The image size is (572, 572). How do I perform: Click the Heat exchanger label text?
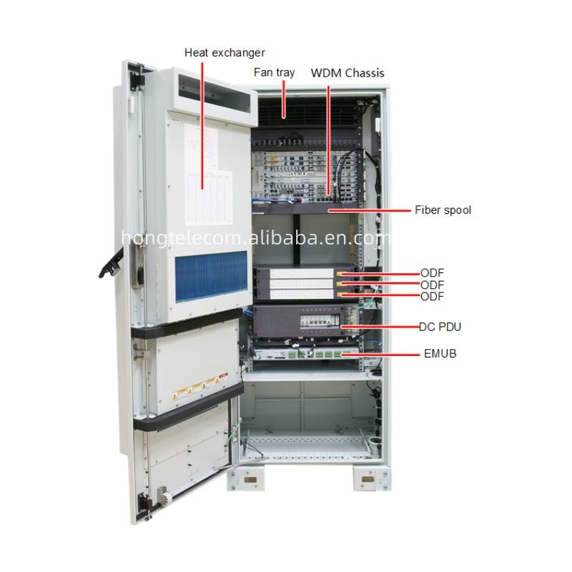coord(225,52)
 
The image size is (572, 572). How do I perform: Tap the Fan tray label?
coord(274,72)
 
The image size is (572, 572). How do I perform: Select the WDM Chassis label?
coord(347,73)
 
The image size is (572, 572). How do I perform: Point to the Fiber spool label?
coord(443,210)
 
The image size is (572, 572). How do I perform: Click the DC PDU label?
coord(440,327)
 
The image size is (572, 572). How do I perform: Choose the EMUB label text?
coord(439,353)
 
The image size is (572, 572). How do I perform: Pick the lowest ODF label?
coord(432,296)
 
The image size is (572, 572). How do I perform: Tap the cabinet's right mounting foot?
coord(369,477)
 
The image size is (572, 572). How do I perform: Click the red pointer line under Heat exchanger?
coord(202,122)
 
